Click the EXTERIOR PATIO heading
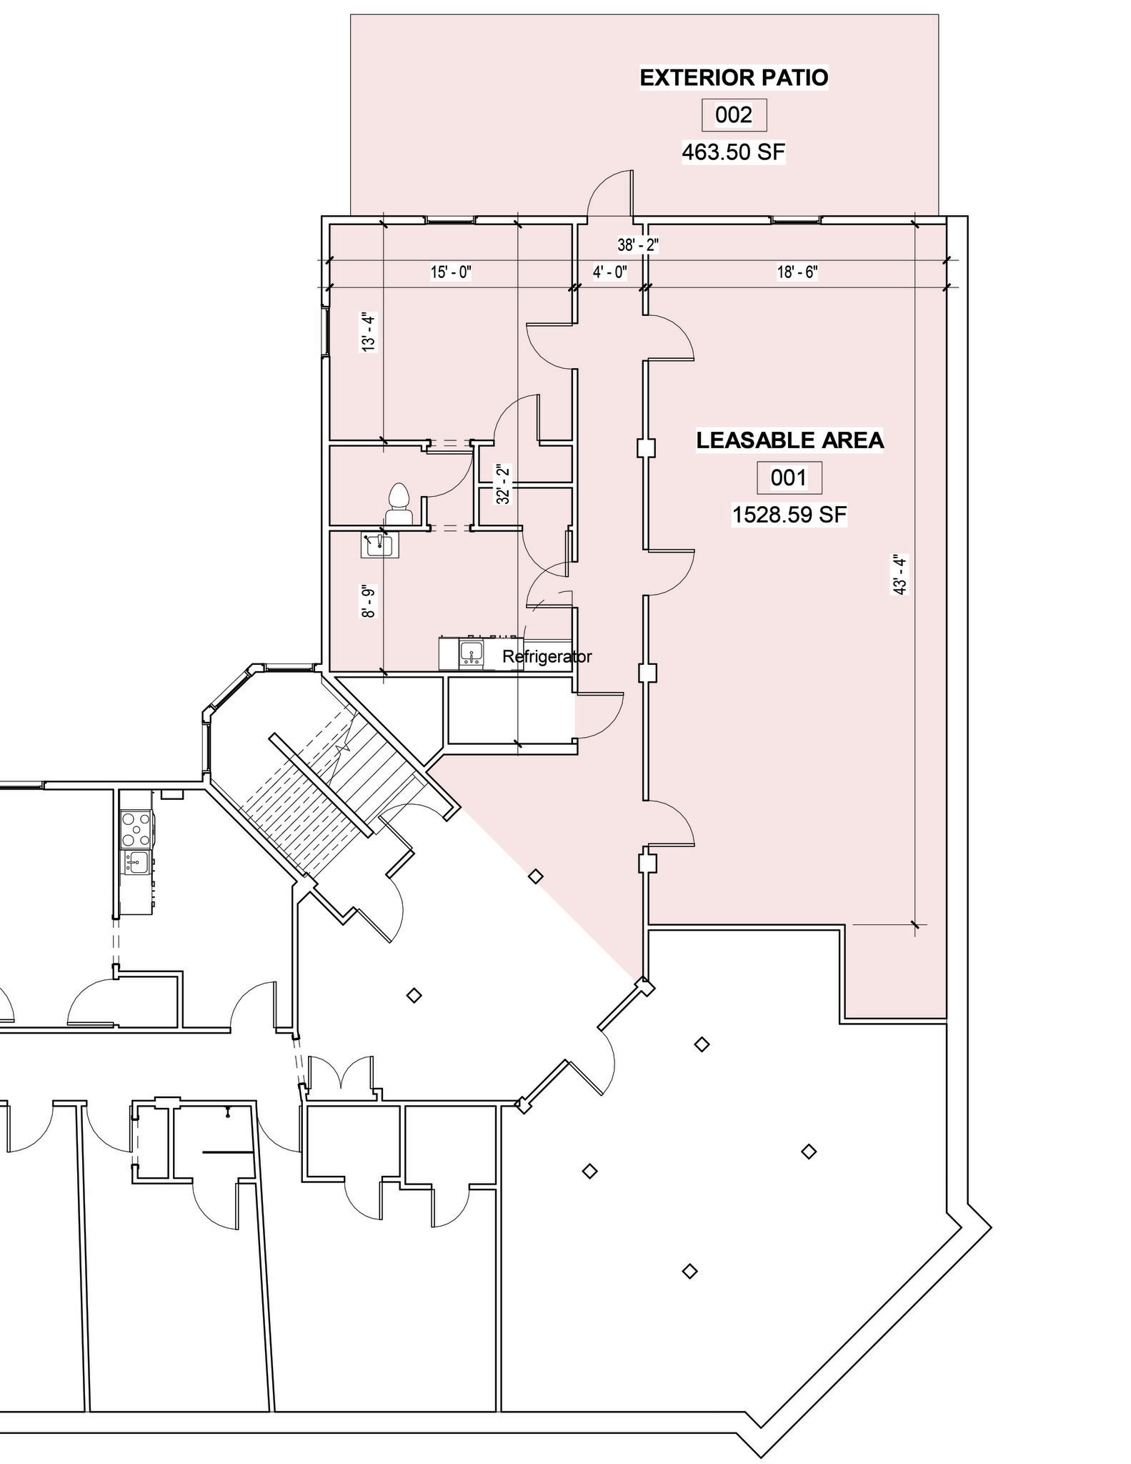(x=734, y=77)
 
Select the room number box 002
(x=734, y=115)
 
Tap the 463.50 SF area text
(x=734, y=152)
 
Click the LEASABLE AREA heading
(x=789, y=440)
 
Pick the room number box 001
(x=789, y=478)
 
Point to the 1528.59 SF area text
(x=789, y=515)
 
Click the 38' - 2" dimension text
(x=638, y=245)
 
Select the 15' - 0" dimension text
(x=451, y=272)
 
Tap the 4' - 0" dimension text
(x=609, y=272)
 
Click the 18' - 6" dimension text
(x=797, y=272)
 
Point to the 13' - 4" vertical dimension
(x=368, y=332)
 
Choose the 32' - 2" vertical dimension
(x=504, y=485)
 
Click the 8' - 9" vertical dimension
(x=368, y=603)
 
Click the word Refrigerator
(x=547, y=656)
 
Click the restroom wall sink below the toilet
(x=379, y=545)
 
